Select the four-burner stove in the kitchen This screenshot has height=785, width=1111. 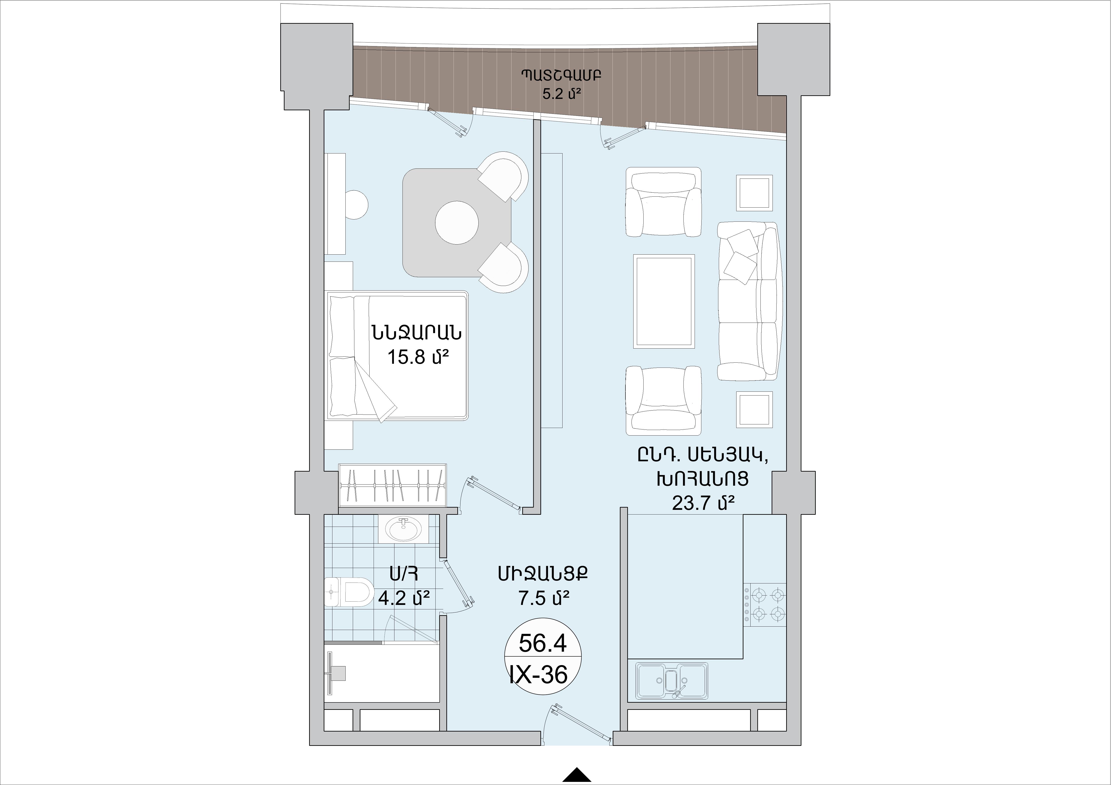tap(764, 605)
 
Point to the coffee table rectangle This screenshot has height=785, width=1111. tap(664, 301)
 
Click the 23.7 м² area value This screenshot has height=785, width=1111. tap(704, 504)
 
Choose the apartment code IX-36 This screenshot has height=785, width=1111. tap(539, 674)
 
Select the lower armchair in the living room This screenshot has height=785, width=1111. tap(664, 400)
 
